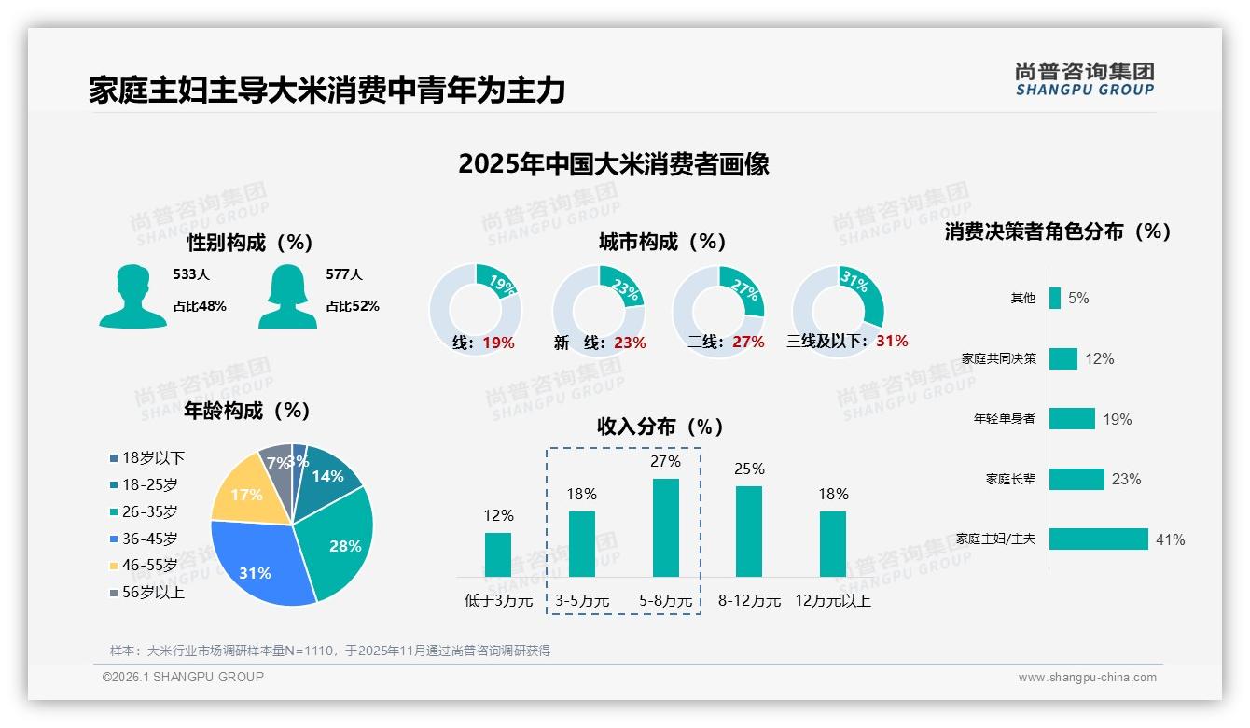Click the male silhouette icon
point(132,296)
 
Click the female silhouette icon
point(287,296)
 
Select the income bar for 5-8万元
point(666,527)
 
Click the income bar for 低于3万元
point(498,554)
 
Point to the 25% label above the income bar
point(749,469)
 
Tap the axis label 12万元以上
point(833,600)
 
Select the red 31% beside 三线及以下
point(892,341)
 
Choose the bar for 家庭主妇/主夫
point(1099,539)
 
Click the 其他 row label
point(1023,298)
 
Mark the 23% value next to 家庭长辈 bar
point(1126,480)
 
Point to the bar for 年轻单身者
point(1072,419)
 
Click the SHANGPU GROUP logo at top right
point(1084,79)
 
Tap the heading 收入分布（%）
point(660,427)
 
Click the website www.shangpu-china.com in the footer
point(1087,678)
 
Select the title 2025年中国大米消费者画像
point(614,164)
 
